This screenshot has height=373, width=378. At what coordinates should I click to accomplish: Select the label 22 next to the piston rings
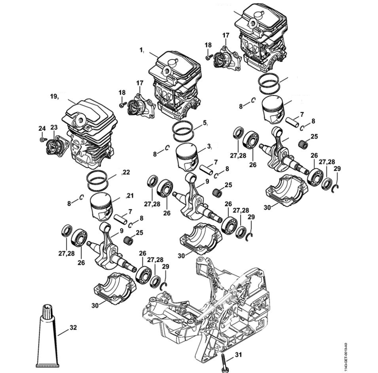[x=126, y=173]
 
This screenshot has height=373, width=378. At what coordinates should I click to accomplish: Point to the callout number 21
[x=130, y=196]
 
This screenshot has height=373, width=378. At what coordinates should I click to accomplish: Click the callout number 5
[x=205, y=122]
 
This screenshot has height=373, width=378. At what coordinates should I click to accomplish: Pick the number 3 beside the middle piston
[x=209, y=146]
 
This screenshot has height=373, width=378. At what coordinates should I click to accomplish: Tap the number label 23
[x=54, y=128]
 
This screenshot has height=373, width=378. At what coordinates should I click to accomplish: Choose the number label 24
[x=42, y=128]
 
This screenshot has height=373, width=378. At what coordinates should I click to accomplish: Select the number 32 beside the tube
[x=73, y=327]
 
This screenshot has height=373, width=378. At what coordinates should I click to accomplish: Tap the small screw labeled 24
[x=42, y=140]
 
